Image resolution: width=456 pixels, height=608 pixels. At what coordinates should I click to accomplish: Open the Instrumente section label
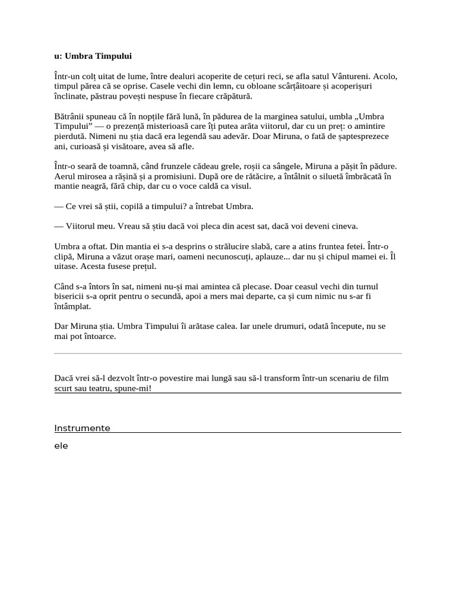[82, 428]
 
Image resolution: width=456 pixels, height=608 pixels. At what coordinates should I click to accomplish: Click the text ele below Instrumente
[61, 446]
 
